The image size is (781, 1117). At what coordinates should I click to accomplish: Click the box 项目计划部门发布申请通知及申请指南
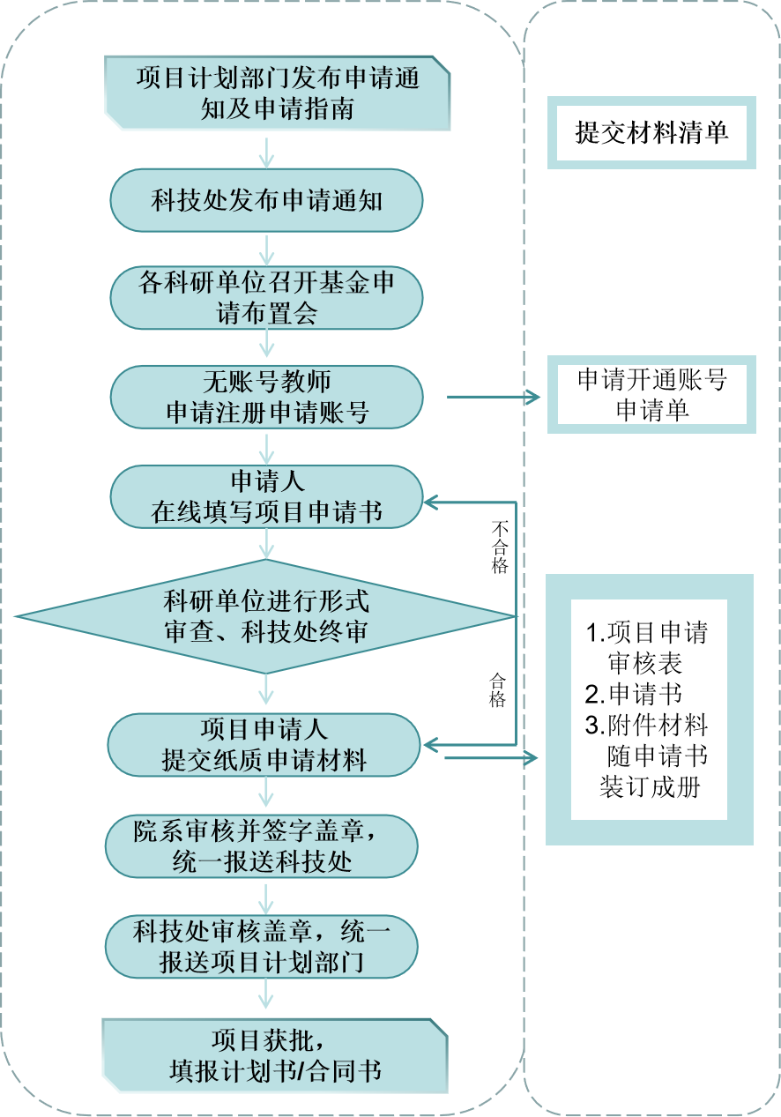point(277,93)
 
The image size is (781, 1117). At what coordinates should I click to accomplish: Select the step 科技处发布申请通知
point(266,200)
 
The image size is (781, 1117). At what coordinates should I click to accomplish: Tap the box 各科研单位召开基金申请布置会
point(266,297)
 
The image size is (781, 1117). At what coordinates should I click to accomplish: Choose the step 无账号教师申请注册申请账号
point(266,397)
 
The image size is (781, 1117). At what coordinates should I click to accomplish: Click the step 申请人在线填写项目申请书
point(266,496)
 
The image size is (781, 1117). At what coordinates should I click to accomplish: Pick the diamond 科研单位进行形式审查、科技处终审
point(266,616)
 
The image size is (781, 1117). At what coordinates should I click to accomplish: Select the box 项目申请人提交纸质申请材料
point(264,745)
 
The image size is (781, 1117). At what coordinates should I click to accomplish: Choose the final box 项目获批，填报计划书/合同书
point(275,1056)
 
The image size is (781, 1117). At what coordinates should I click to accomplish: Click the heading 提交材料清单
point(651,132)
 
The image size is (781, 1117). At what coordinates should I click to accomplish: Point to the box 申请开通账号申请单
point(651,394)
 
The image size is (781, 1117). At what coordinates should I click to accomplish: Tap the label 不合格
point(500,547)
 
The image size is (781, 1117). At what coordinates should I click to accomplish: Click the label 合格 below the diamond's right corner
point(498,690)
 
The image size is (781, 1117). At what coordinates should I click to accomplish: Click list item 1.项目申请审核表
point(648,647)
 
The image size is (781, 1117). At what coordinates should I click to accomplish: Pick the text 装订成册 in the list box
point(650,787)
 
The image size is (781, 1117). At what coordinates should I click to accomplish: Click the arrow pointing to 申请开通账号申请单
point(494,397)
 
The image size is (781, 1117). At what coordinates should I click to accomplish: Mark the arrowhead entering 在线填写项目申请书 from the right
point(431,503)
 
